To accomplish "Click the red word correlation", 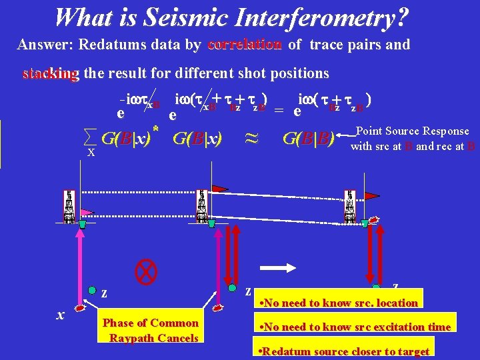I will [245, 45].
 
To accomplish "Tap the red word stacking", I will [50, 73].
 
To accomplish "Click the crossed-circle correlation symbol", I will [145, 270].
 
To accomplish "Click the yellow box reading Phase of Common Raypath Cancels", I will [151, 331].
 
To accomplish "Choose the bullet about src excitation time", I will [353, 327].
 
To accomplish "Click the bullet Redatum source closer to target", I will [343, 351].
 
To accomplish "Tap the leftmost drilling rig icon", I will [68, 207].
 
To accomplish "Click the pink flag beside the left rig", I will [87, 211].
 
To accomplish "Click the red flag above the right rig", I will [371, 195].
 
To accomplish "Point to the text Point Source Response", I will [413, 131].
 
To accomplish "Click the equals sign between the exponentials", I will [279, 111].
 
